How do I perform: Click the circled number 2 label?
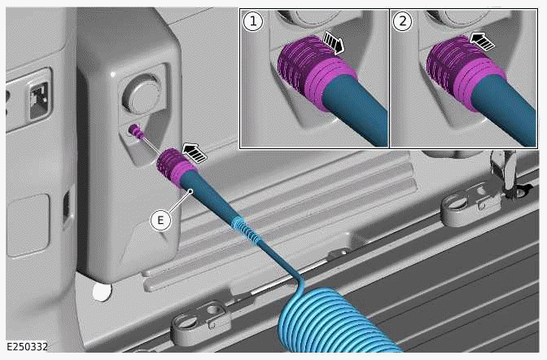tap(401, 23)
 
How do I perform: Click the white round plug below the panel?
tap(101, 290)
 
